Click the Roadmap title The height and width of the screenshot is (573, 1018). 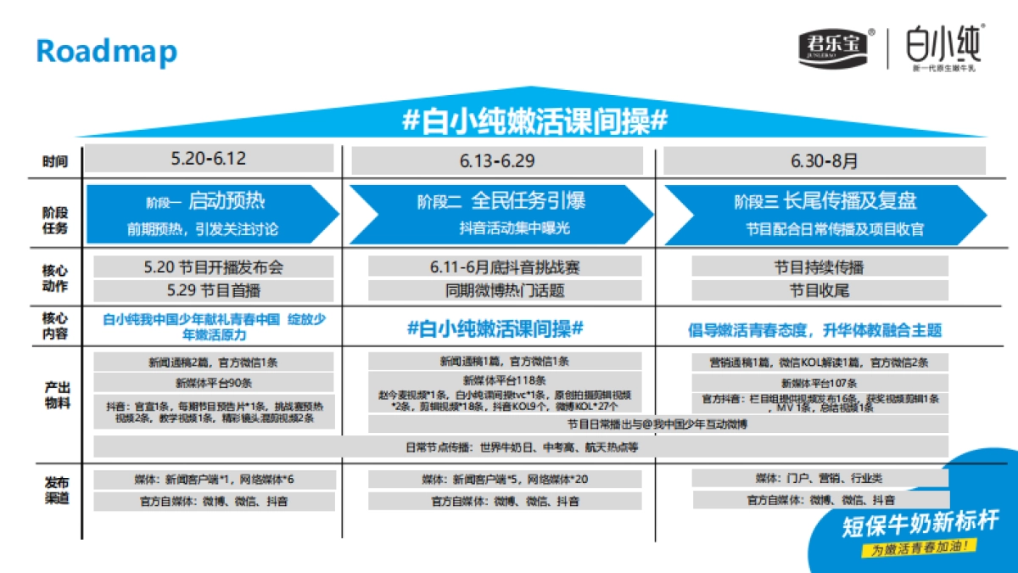[106, 52]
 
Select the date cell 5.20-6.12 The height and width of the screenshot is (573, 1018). [209, 159]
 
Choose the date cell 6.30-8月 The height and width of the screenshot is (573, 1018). [824, 160]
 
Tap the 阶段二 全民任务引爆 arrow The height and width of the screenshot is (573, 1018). [501, 213]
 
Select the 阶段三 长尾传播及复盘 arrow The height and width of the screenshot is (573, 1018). [825, 213]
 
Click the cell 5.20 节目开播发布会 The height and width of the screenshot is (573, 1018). [214, 267]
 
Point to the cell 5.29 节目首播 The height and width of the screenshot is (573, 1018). [214, 290]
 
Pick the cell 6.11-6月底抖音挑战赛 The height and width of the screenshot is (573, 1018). [505, 267]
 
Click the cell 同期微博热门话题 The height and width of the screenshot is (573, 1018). [505, 290]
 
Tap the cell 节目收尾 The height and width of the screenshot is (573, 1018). [819, 290]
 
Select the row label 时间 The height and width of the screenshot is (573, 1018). [55, 161]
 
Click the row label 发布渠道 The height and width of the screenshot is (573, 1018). [55, 490]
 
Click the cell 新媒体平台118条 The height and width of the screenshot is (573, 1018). [505, 380]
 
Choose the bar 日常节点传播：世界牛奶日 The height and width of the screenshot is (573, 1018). [521, 447]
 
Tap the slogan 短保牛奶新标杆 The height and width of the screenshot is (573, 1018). [920, 522]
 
